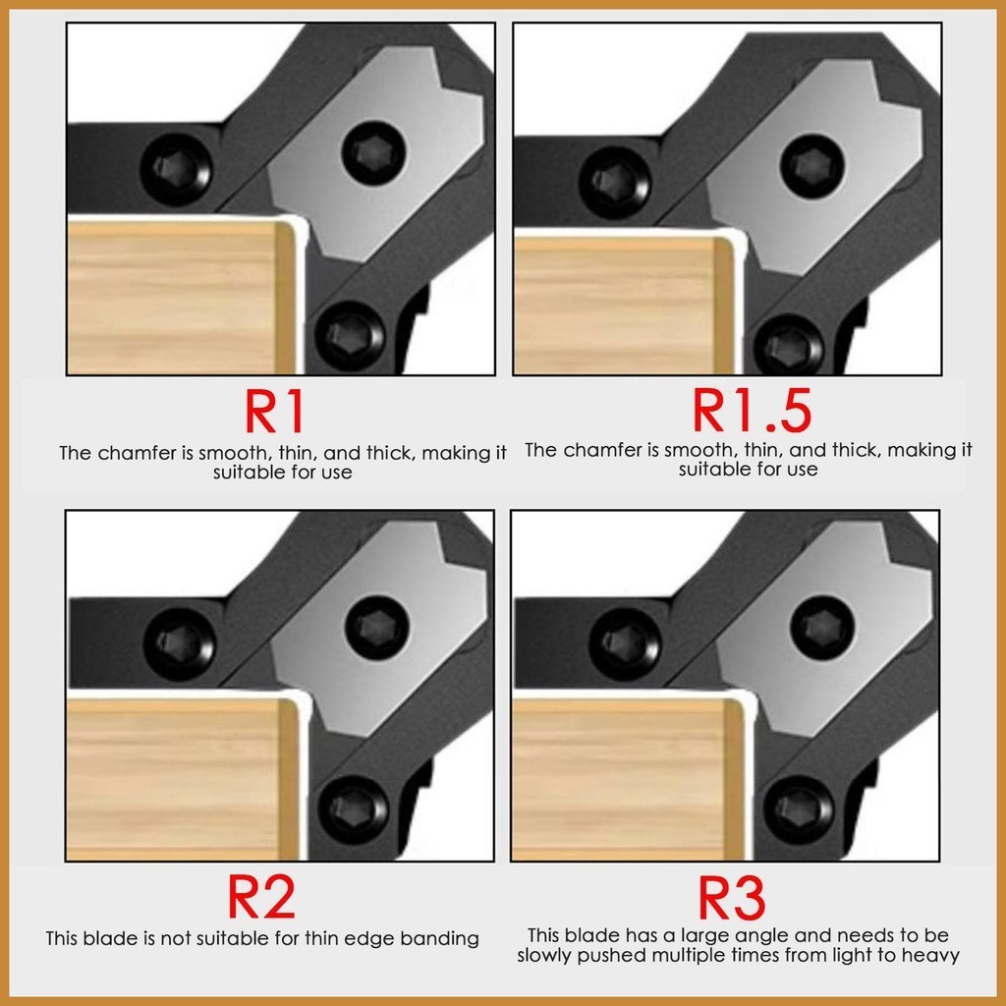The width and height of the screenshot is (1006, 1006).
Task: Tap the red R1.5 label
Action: point(752,410)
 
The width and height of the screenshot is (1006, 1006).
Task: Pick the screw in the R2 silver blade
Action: point(376,627)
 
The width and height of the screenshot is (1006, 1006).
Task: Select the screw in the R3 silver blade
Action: point(822,627)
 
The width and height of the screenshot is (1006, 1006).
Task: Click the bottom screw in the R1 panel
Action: point(352,335)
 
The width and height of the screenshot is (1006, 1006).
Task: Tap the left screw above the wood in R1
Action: point(176,170)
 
